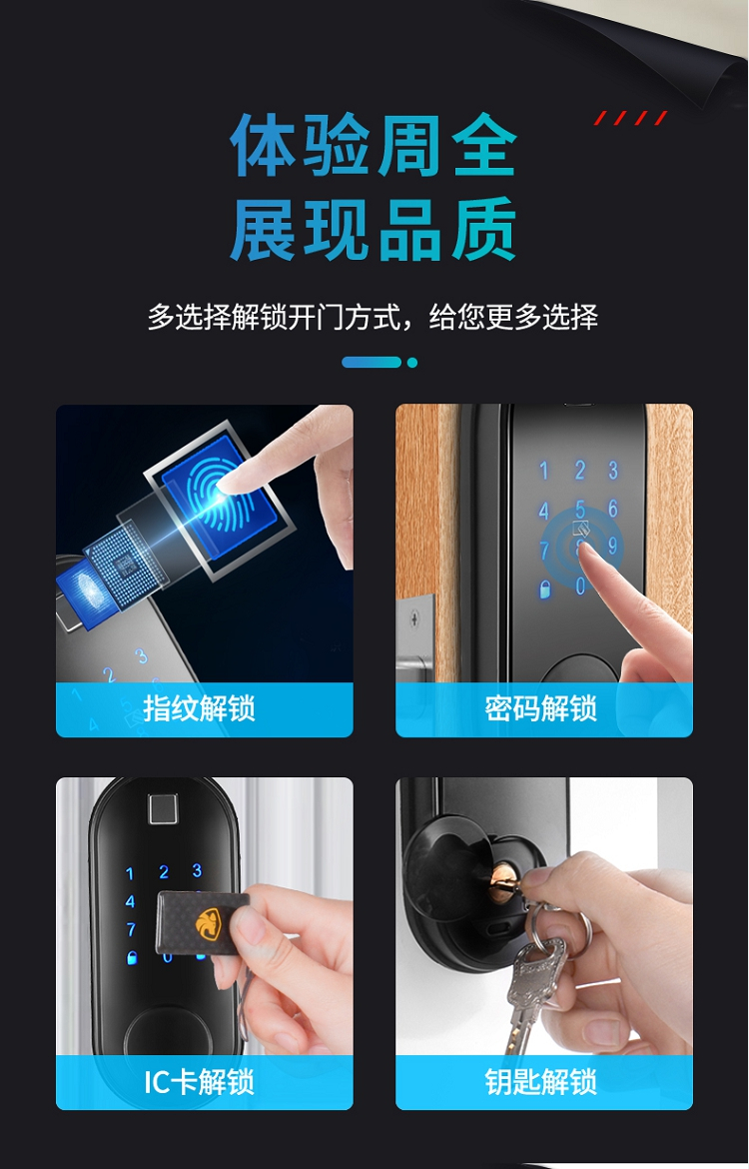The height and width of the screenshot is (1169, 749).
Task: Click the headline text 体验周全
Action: pos(374,146)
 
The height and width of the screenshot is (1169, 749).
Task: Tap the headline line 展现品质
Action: pos(374,229)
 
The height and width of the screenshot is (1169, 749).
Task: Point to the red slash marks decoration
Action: pos(630,118)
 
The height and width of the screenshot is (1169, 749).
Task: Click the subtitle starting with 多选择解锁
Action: pos(373,317)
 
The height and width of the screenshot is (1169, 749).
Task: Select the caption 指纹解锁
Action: pos(200,708)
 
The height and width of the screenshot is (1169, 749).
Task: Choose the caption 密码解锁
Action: pos(541,708)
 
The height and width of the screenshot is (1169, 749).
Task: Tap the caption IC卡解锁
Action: pos(200,1082)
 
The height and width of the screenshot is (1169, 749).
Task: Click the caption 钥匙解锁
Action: pos(541,1082)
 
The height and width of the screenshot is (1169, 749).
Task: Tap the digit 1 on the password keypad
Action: pos(543,471)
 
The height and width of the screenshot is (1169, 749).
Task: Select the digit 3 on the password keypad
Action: pos(612,470)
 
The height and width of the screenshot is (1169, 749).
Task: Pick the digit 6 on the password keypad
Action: pos(612,509)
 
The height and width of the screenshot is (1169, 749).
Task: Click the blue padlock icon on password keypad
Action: pos(545,588)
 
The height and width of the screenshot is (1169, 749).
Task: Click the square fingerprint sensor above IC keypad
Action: pos(163,810)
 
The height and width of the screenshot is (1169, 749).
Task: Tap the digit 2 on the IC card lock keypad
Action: pos(164,872)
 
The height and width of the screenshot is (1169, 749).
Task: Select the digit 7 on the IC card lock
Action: pos(131,929)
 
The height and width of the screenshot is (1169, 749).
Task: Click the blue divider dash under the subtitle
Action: pos(372,363)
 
